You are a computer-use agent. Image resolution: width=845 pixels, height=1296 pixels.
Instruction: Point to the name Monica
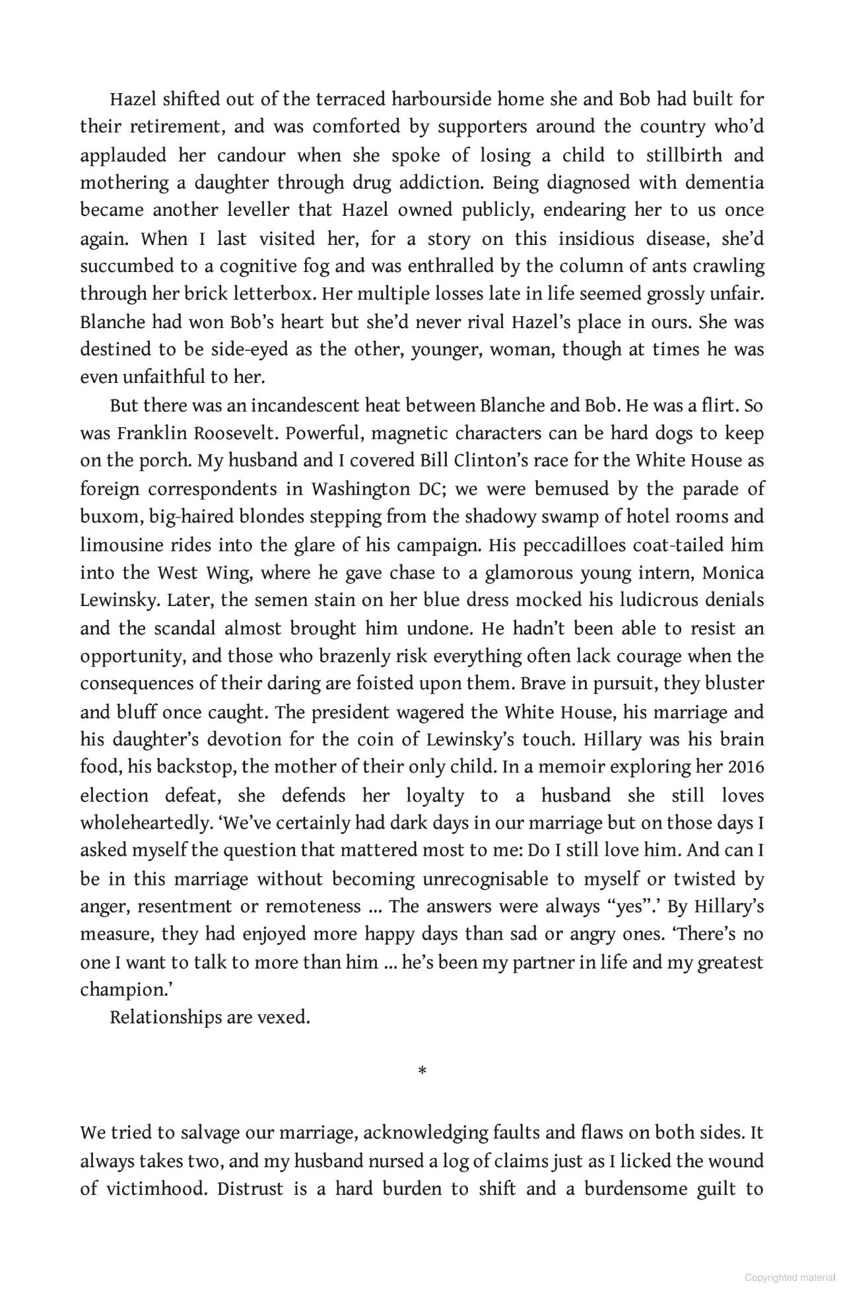(x=733, y=573)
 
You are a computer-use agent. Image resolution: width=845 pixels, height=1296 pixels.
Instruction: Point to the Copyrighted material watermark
(x=790, y=1278)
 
